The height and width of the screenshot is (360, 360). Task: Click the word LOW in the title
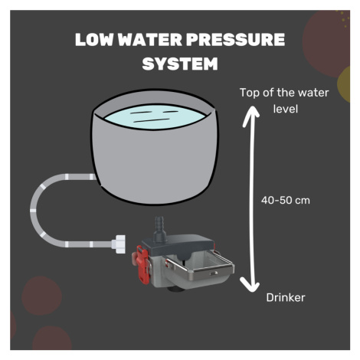[94, 40]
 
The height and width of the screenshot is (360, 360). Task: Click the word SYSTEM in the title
[180, 64]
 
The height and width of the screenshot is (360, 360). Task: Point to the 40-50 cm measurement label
[286, 200]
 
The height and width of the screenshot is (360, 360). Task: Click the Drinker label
[286, 297]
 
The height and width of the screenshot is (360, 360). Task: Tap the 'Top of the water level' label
[284, 100]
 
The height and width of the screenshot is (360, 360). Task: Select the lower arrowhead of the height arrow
[250, 285]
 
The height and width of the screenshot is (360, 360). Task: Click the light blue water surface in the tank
[155, 116]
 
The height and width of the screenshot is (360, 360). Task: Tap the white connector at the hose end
[119, 244]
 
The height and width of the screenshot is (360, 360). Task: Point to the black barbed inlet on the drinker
[159, 229]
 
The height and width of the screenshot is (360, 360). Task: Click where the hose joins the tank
[94, 177]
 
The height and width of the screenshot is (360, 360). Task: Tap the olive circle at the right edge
[344, 84]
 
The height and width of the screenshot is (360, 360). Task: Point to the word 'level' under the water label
[286, 109]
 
